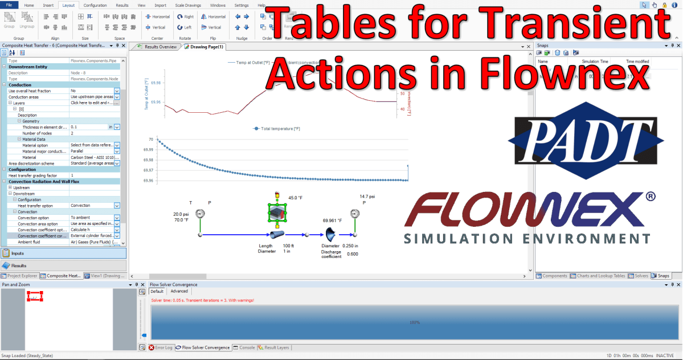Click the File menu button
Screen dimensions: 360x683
[x=9, y=5]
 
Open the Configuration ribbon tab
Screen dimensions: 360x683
[x=95, y=5]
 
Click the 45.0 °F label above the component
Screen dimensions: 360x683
[x=295, y=198]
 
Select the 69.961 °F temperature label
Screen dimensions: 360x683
[x=332, y=220]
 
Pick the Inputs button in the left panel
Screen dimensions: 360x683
[x=18, y=252]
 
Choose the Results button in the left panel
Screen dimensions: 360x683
[x=19, y=265]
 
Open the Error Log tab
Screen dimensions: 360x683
[x=161, y=347]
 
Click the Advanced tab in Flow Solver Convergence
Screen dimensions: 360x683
[x=179, y=291]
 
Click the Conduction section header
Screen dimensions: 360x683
[x=21, y=85]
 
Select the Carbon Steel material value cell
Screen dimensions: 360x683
[x=91, y=157]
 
